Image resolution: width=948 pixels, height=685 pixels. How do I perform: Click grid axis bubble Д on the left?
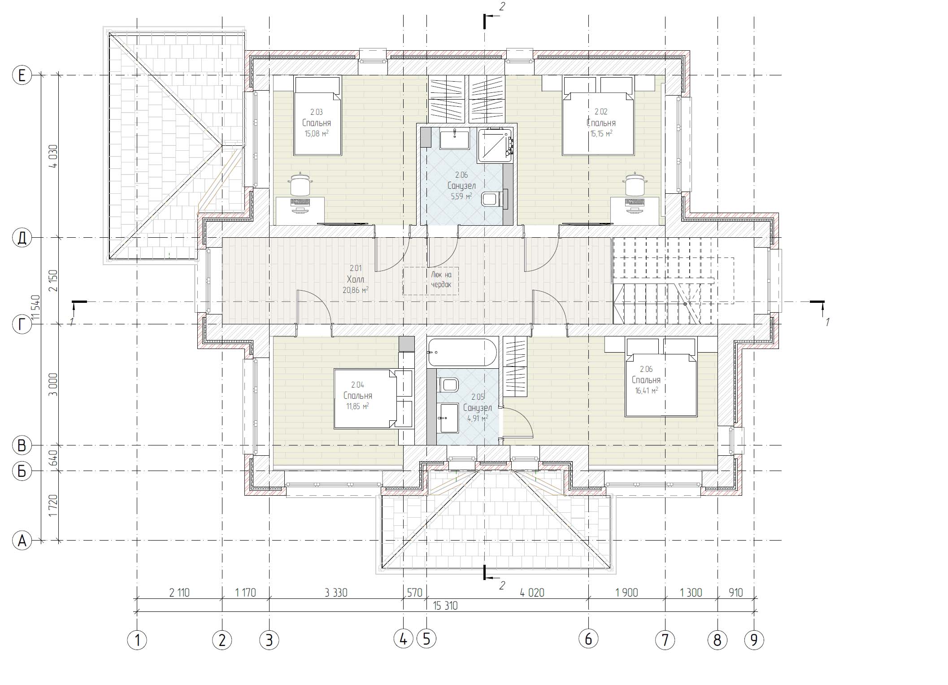(22, 238)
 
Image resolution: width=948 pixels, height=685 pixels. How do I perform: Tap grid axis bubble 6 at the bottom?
(588, 639)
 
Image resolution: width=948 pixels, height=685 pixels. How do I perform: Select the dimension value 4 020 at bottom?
(532, 593)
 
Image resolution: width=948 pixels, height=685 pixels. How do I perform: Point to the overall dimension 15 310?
(445, 606)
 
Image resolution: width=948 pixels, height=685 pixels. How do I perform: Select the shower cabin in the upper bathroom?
(495, 144)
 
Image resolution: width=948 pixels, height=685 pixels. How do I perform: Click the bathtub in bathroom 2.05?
(462, 353)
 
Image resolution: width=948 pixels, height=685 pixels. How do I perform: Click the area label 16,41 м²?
(646, 391)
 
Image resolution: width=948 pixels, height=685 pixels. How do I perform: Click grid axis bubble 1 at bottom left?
(137, 640)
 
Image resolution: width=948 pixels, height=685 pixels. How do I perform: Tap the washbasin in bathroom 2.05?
(449, 418)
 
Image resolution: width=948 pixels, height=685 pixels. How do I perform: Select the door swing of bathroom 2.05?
(517, 422)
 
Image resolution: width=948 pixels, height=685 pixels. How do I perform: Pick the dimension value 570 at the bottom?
(414, 593)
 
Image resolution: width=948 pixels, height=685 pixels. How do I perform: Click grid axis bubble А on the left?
(22, 541)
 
